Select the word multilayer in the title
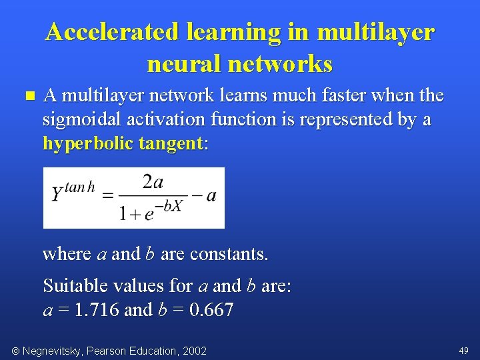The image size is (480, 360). (x=376, y=31)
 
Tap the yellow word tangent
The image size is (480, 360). (x=170, y=143)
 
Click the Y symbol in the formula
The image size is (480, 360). (x=57, y=195)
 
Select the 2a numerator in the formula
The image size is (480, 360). (x=153, y=182)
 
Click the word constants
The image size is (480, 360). (x=229, y=254)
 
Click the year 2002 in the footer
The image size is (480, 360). (x=194, y=351)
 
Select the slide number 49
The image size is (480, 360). (x=463, y=351)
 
